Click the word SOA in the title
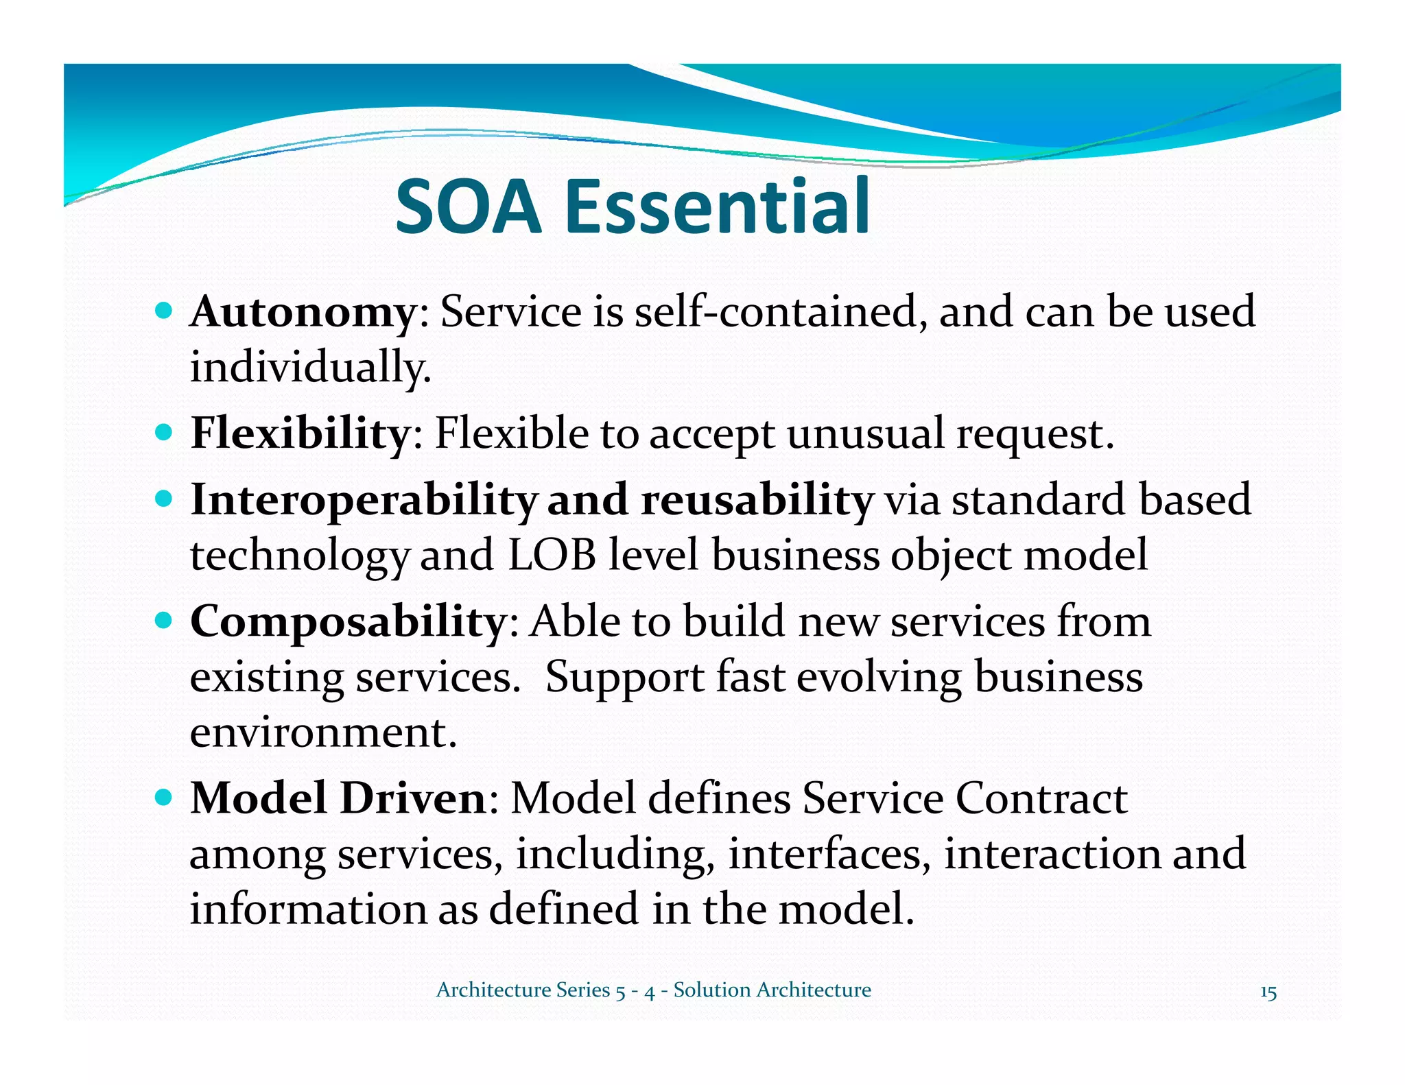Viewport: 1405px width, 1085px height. click(x=469, y=206)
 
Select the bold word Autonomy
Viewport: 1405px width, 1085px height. click(x=303, y=313)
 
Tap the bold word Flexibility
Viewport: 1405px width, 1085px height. click(x=300, y=434)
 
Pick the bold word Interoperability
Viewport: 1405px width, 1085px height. click(x=363, y=501)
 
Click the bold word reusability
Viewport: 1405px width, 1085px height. click(x=757, y=499)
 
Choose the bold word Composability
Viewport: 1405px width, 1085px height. click(x=347, y=622)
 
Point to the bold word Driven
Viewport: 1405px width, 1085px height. click(x=413, y=799)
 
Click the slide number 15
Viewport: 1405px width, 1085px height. click(x=1268, y=992)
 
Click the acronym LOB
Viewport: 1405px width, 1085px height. click(x=552, y=555)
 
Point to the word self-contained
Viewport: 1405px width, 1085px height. click(x=776, y=313)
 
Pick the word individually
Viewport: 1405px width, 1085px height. click(x=309, y=368)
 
